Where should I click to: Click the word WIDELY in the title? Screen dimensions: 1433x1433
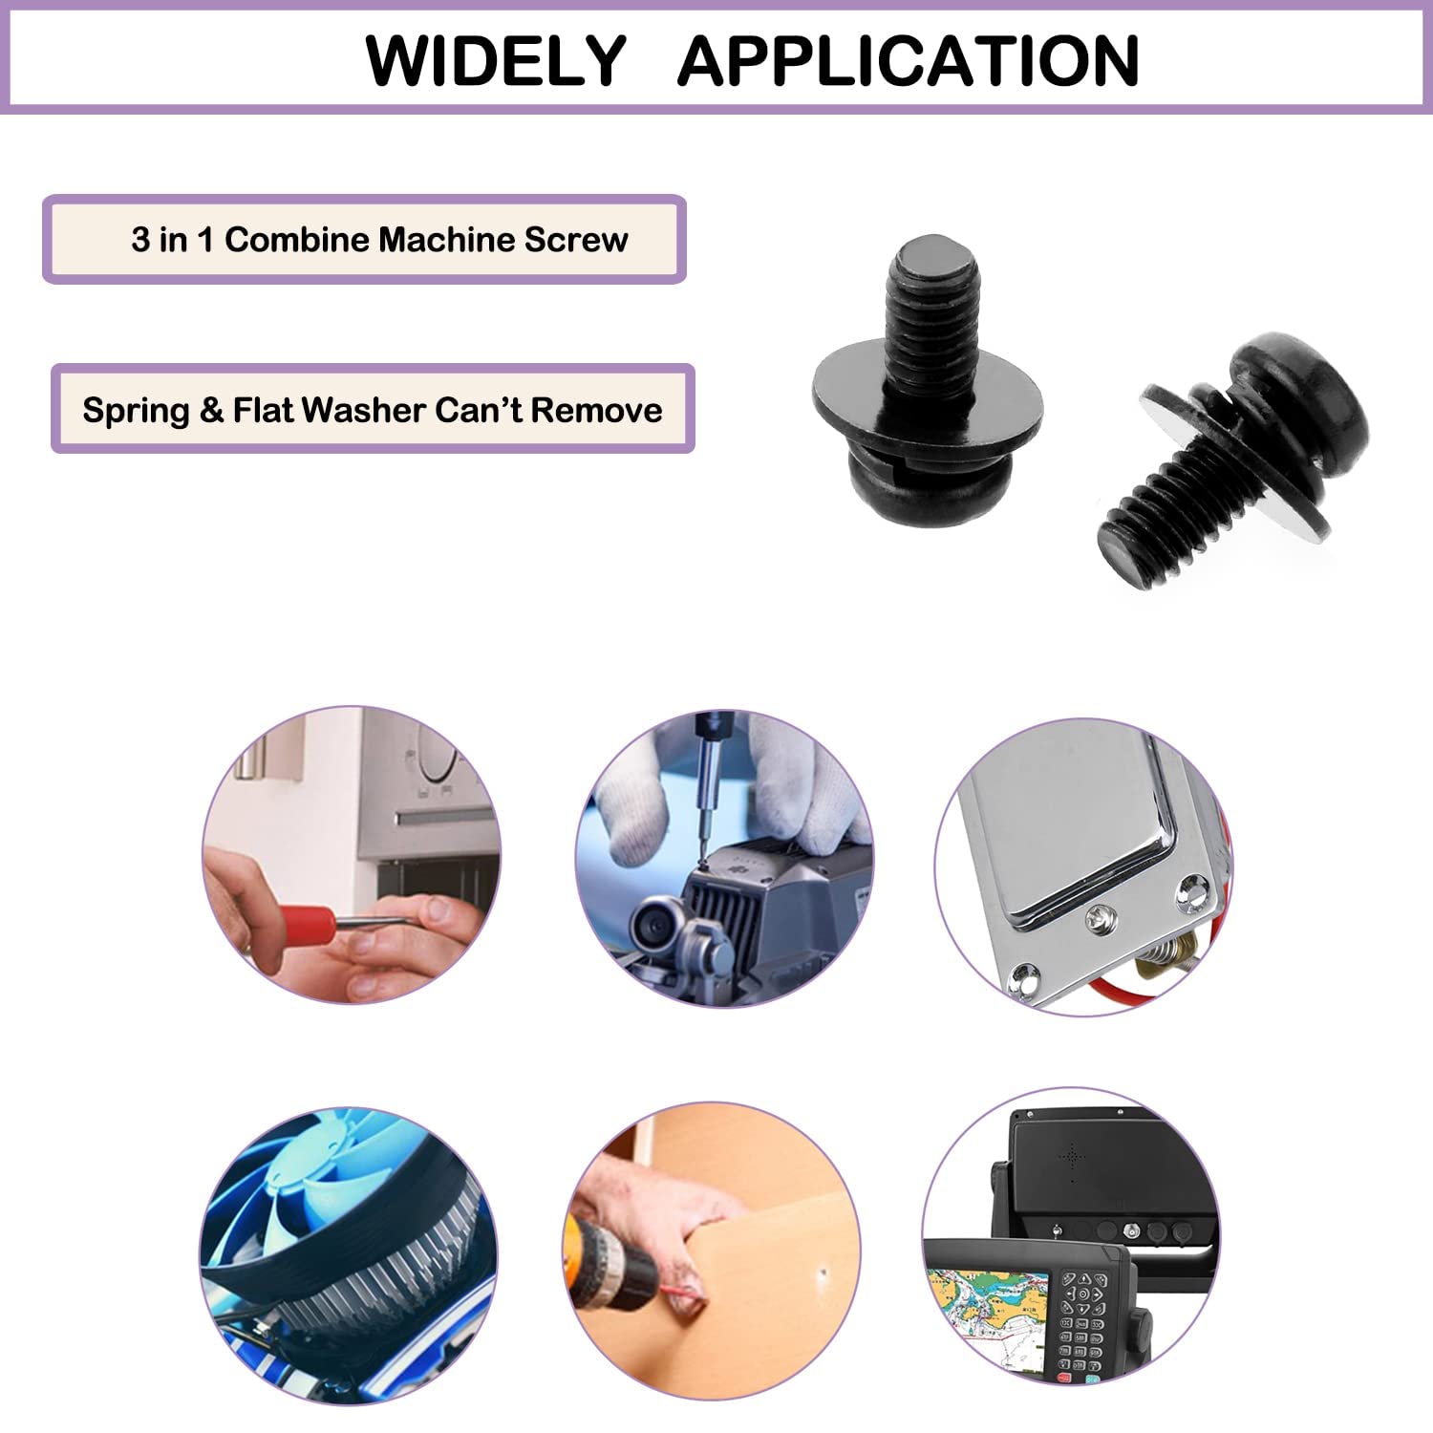[496, 61]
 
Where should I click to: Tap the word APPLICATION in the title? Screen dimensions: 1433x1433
[909, 61]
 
